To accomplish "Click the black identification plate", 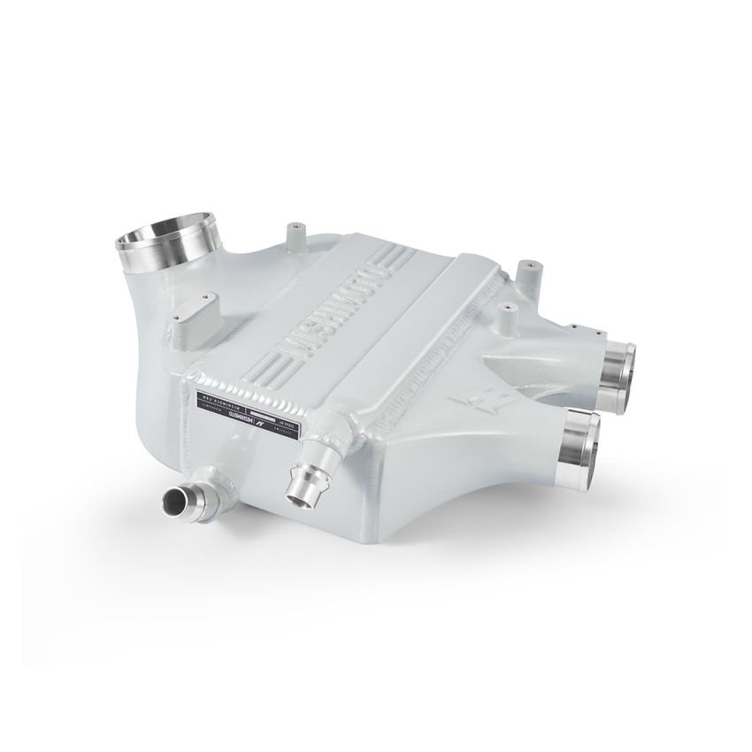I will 250,408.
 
